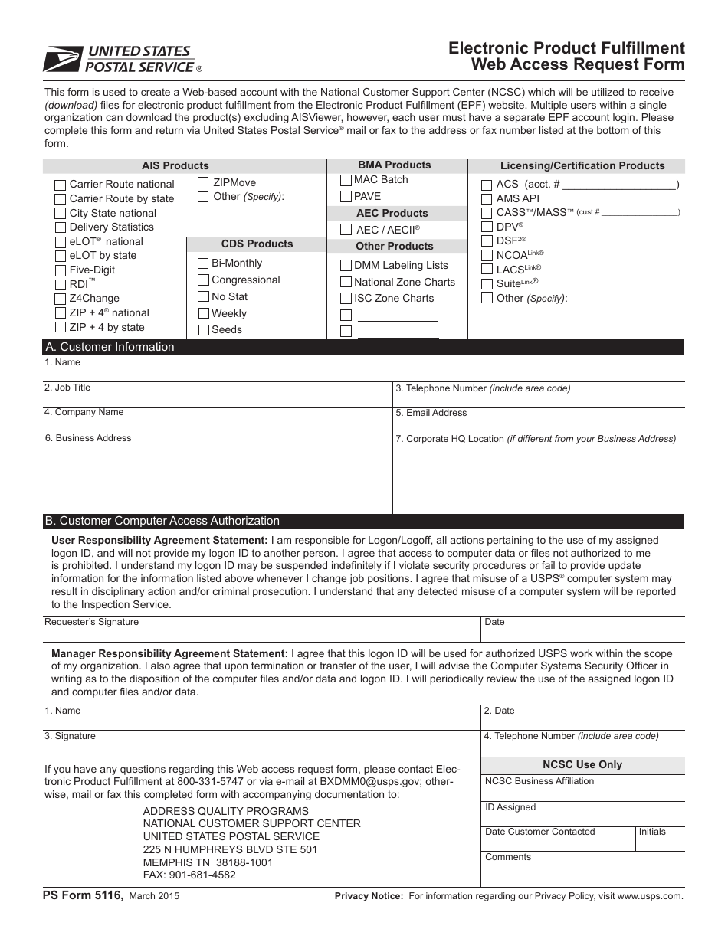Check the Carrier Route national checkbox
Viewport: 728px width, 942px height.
tap(61, 185)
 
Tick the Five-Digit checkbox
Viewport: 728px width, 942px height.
tap(61, 270)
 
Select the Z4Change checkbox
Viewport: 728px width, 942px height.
tap(61, 299)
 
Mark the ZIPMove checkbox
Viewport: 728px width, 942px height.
tap(203, 182)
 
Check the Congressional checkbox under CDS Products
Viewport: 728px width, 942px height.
tap(203, 280)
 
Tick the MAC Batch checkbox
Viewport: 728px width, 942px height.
tap(346, 180)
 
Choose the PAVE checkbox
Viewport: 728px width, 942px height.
tap(346, 197)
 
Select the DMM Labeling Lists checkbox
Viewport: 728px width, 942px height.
tap(346, 266)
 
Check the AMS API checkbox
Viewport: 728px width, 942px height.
tap(487, 198)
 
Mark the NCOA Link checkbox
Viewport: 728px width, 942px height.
tap(487, 255)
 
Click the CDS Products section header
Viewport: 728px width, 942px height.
tap(257, 244)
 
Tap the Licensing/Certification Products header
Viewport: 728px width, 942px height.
tap(582, 165)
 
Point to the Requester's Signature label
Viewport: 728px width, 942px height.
tap(91, 622)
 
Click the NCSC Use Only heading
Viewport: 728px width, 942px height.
tap(582, 764)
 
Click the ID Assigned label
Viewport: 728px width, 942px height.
tap(510, 807)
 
